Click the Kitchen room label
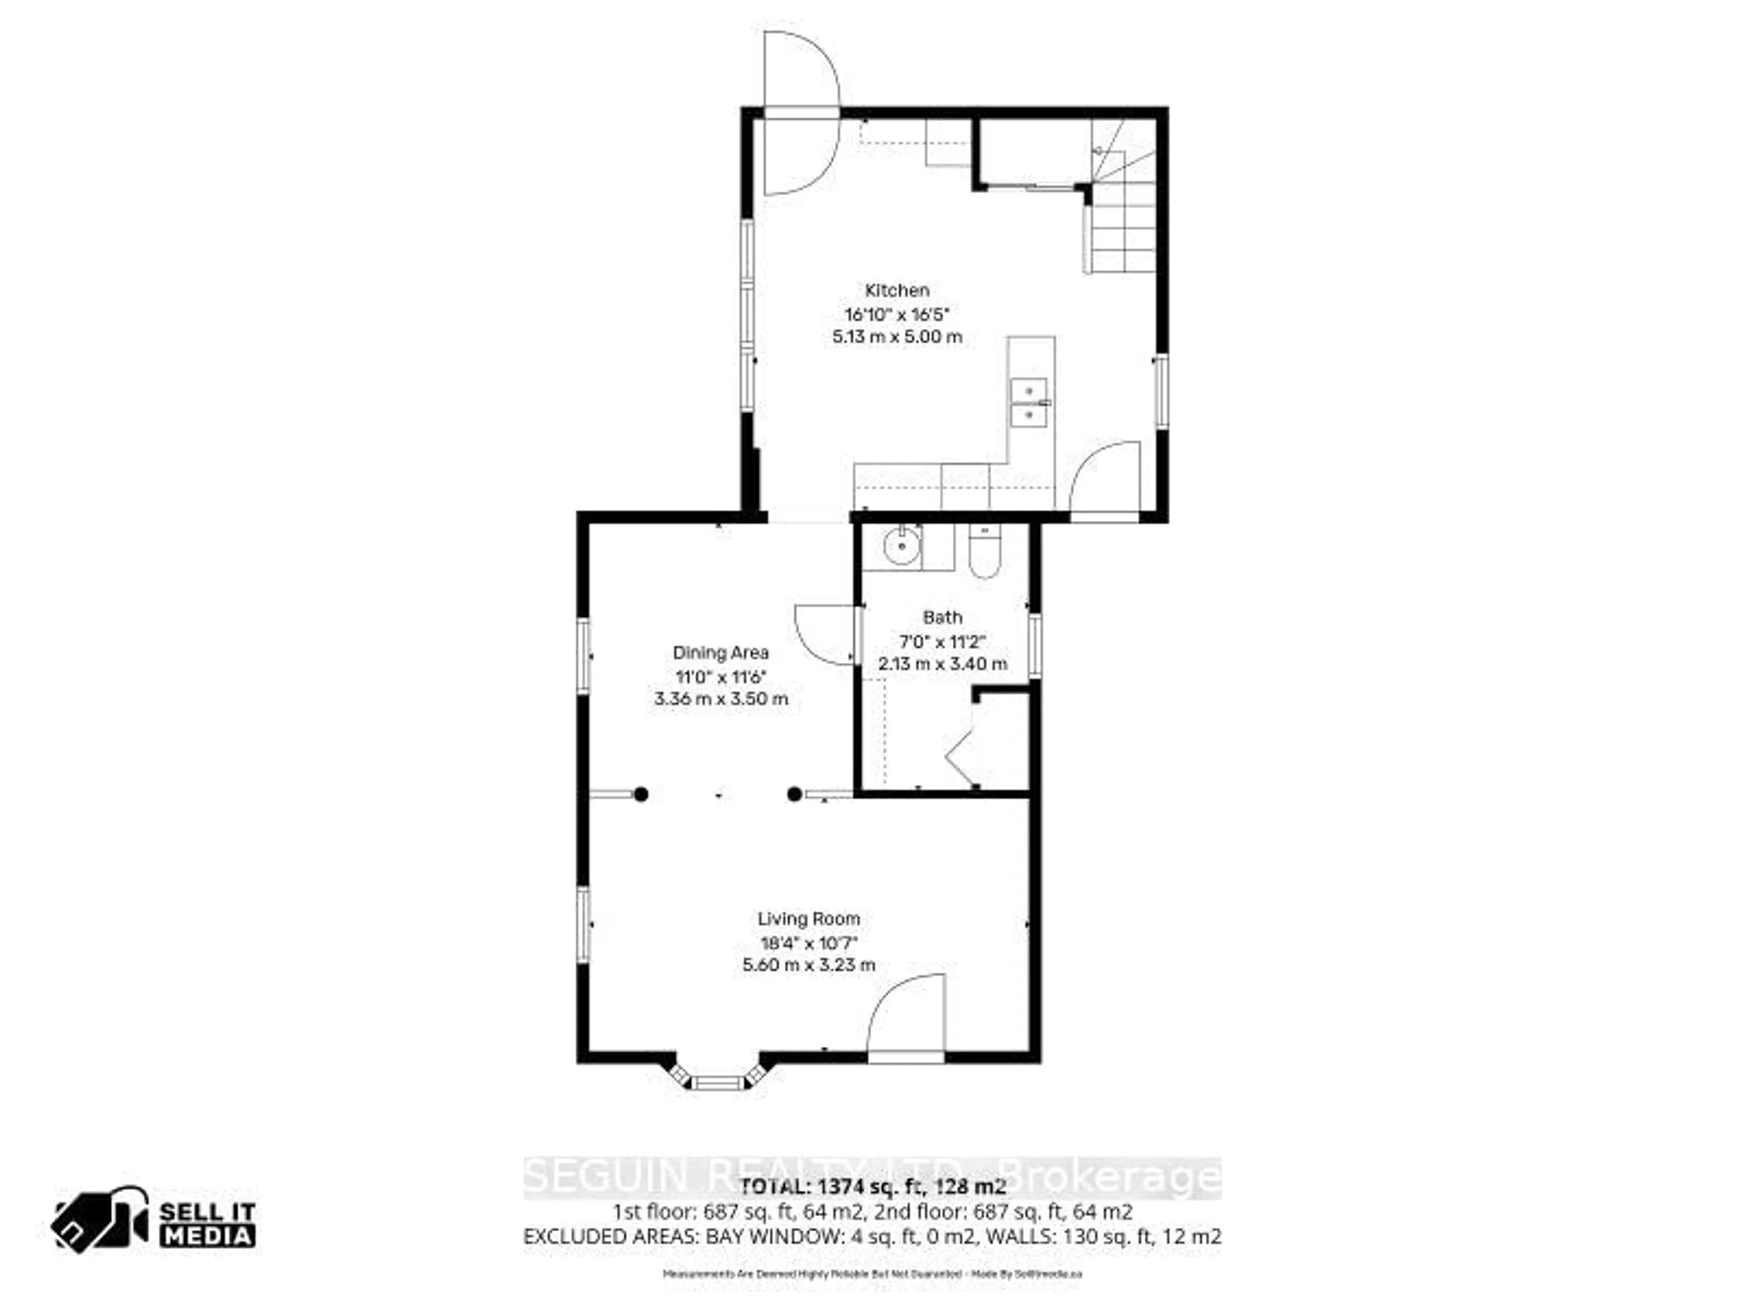[x=897, y=290]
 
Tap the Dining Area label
[x=720, y=653]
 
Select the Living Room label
[x=808, y=919]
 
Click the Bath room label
[x=943, y=617]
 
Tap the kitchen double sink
[x=1029, y=402]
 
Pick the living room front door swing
[x=907, y=1018]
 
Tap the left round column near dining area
[x=641, y=794]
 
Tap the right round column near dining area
[x=794, y=794]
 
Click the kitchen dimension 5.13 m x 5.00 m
[x=897, y=337]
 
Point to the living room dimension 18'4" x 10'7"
[x=808, y=942]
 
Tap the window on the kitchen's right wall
[x=1160, y=392]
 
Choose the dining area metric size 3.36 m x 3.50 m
[x=720, y=699]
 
